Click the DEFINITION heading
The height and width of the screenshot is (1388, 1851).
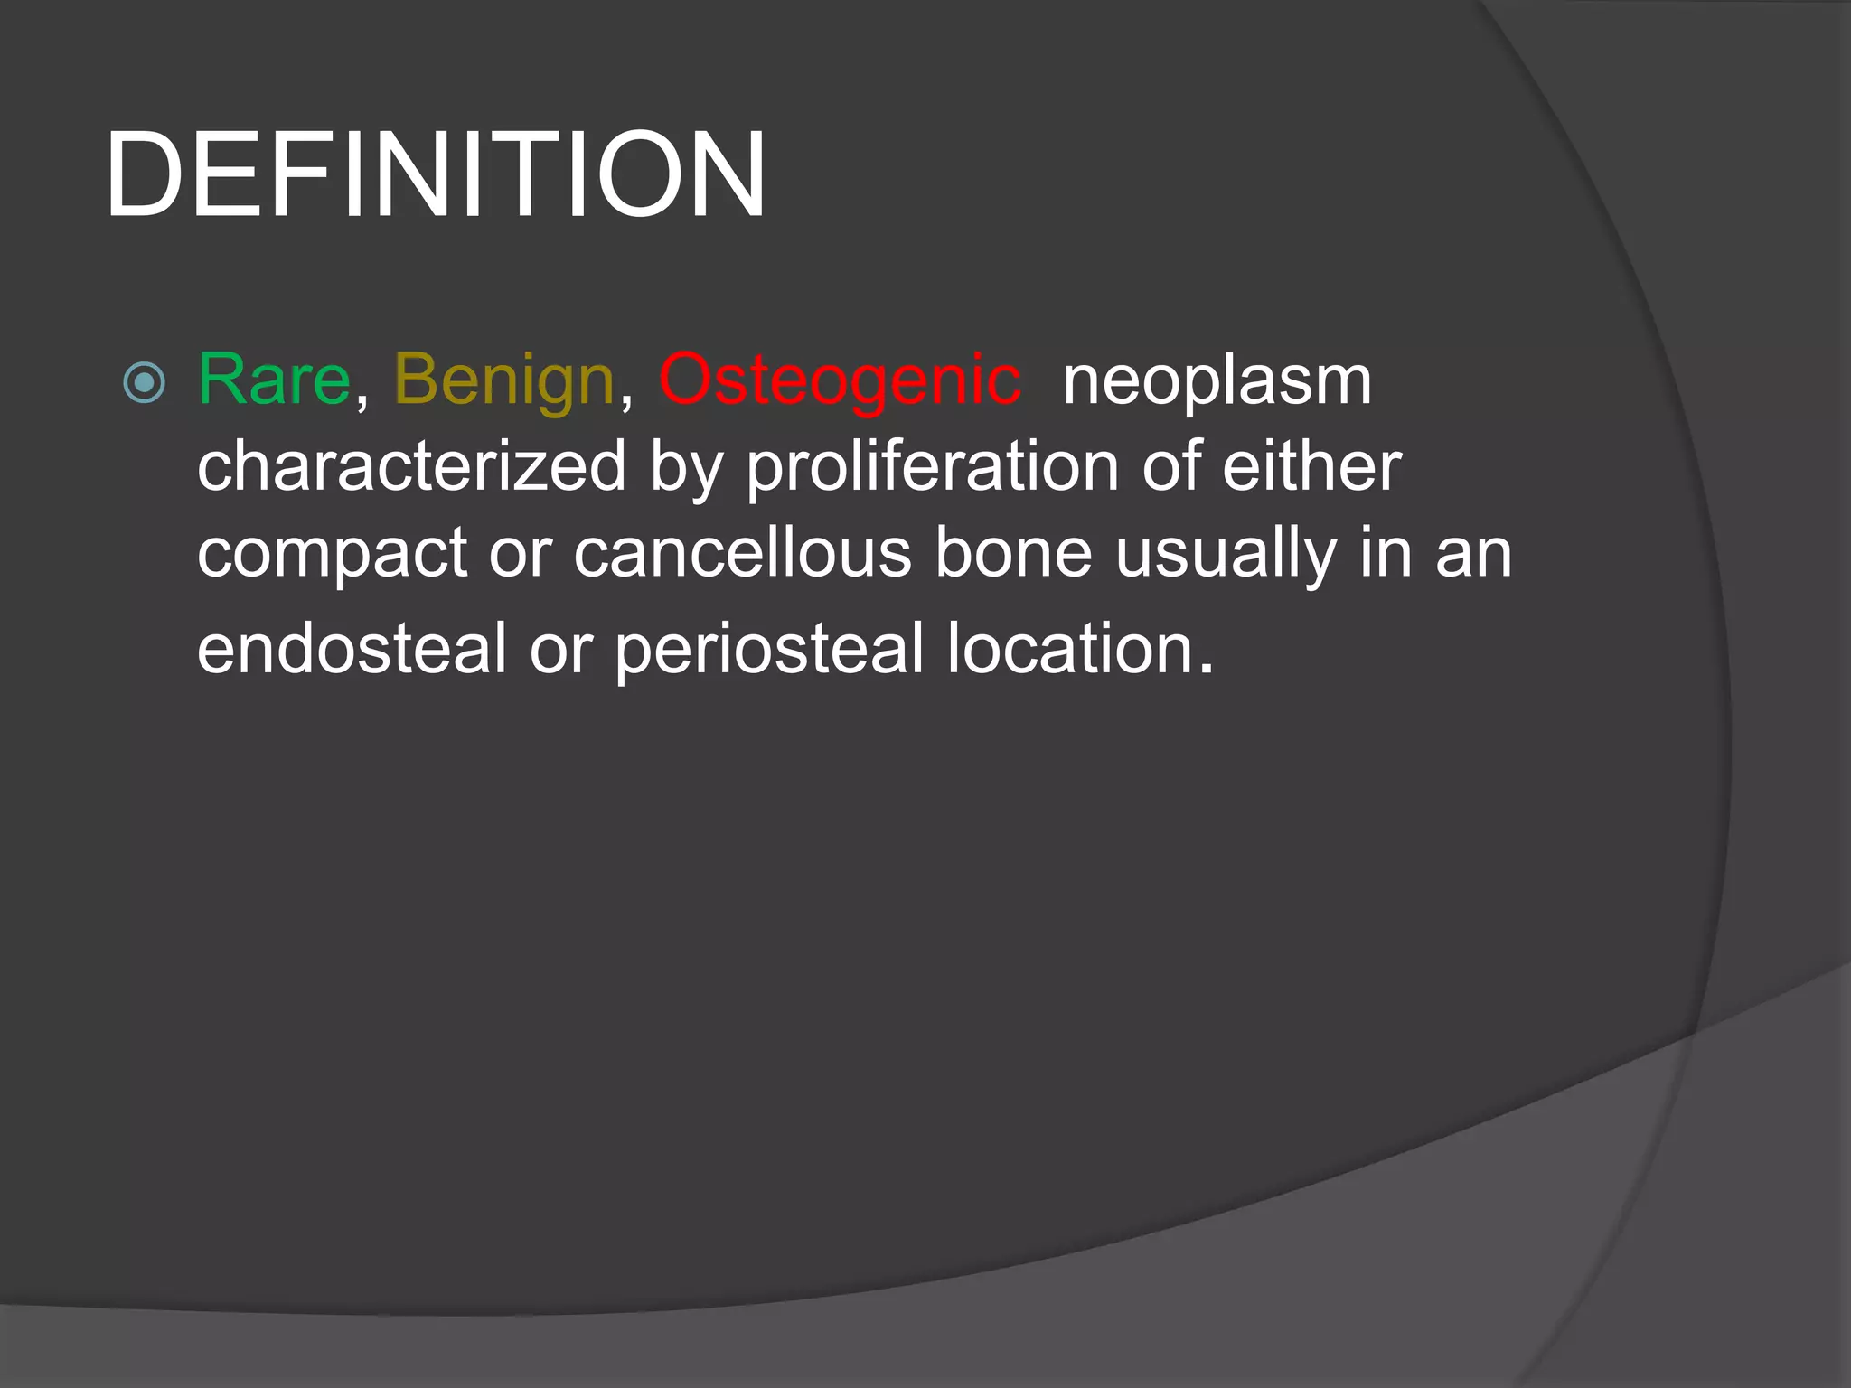coord(436,175)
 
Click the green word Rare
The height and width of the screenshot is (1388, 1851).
coord(273,380)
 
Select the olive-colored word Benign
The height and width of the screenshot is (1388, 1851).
coord(504,380)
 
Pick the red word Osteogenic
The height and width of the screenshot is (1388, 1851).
coord(841,380)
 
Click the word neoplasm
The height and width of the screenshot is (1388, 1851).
coord(1217,380)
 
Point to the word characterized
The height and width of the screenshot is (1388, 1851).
coord(411,467)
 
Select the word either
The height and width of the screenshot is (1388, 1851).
coord(1311,467)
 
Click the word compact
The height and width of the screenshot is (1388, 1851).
coord(332,553)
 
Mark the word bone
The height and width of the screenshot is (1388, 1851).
coord(1013,553)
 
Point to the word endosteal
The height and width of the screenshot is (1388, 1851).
coord(352,648)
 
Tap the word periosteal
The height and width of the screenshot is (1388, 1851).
coord(769,648)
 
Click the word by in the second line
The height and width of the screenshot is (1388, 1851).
coord(686,467)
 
